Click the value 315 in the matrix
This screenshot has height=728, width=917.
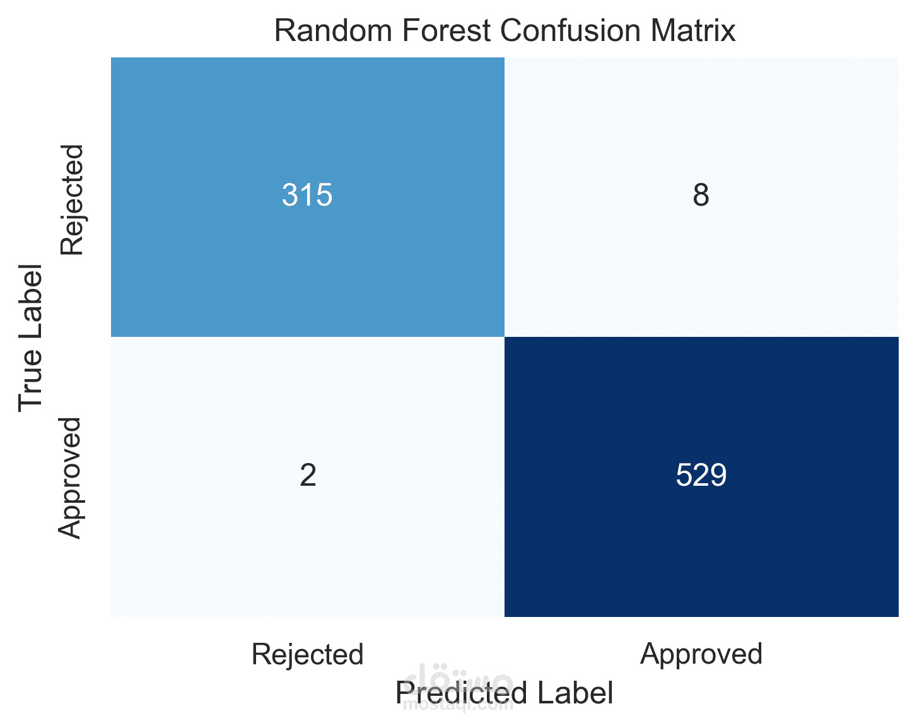(x=307, y=195)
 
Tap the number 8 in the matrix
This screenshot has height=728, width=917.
(x=701, y=195)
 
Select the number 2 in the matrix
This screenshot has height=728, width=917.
(x=308, y=475)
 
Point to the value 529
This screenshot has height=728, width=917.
(x=701, y=475)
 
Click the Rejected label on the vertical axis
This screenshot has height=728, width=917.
(x=72, y=200)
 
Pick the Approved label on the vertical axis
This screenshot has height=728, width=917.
(x=69, y=478)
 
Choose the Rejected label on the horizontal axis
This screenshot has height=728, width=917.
(x=307, y=654)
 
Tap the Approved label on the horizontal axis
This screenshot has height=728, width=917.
(x=701, y=654)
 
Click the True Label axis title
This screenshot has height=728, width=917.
(x=30, y=338)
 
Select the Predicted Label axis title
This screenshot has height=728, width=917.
(x=504, y=693)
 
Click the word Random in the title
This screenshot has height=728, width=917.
(x=333, y=31)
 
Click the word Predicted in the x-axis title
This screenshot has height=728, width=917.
(x=462, y=693)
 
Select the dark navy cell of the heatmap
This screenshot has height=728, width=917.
(x=701, y=476)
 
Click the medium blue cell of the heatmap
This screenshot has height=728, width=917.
(x=308, y=197)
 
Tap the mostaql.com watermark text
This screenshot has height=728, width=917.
(x=458, y=705)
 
